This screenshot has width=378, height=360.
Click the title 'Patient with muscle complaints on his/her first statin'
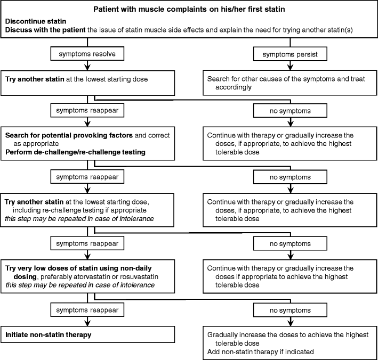pyautogui.click(x=189, y=10)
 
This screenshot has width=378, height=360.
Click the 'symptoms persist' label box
pyautogui.click(x=290, y=54)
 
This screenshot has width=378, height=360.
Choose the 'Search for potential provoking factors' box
pyautogui.click(x=87, y=140)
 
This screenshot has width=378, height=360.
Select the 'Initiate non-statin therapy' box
pyautogui.click(x=87, y=335)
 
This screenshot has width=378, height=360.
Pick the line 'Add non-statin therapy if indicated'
pyautogui.click(x=261, y=351)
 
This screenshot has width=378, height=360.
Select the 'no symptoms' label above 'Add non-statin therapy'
pyautogui.click(x=290, y=309)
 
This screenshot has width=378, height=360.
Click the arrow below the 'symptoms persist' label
pyautogui.click(x=290, y=66)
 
